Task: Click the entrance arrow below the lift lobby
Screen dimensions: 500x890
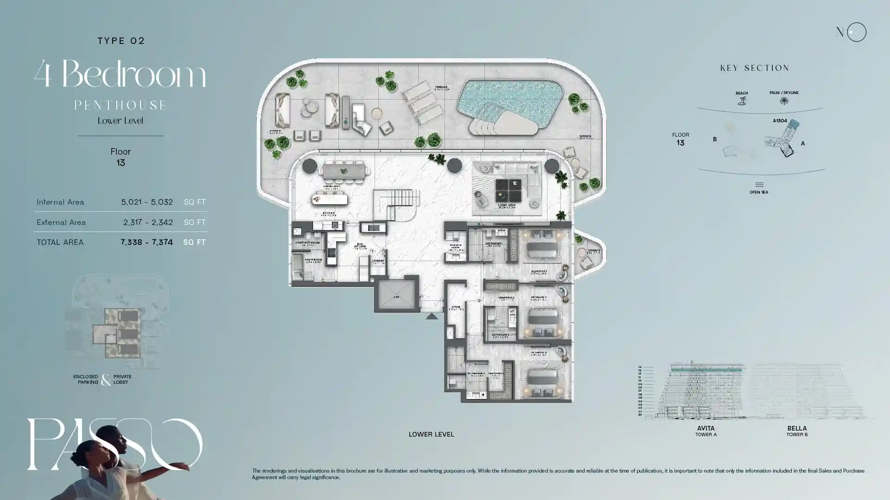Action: (432, 316)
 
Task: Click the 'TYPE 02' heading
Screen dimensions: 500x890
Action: (121, 41)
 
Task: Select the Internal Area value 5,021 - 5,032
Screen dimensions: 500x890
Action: (147, 202)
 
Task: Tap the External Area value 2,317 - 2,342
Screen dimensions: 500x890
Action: (148, 222)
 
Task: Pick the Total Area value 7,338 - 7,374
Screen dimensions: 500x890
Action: (146, 242)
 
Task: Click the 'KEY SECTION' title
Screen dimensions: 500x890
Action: (755, 68)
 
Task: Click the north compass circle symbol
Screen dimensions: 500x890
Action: (856, 32)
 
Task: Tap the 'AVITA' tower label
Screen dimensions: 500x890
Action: (706, 428)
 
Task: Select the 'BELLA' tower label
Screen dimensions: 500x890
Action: (797, 428)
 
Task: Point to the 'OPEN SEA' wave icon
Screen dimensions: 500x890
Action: (759, 185)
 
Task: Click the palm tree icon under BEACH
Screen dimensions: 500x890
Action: (742, 101)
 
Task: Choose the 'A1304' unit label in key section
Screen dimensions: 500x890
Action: (780, 121)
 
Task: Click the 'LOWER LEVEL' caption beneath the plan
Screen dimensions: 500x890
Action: (431, 434)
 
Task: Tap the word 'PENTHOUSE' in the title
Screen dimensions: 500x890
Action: (121, 106)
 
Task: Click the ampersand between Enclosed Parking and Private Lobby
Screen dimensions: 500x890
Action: (106, 380)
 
